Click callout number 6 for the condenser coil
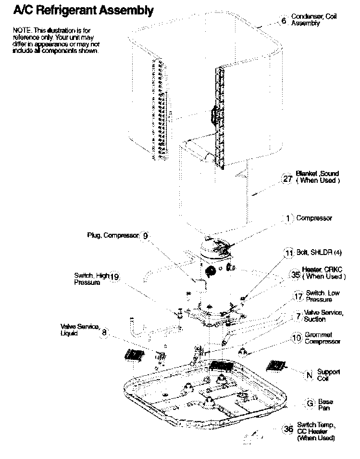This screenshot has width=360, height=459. point(284,21)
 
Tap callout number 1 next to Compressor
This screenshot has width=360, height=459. point(288,218)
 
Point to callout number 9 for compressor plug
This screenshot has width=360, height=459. point(146,236)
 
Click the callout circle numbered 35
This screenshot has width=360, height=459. point(295,276)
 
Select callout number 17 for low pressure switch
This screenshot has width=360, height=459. point(298,297)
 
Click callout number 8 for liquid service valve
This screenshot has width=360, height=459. point(105,331)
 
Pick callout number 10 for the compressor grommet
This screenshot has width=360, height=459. point(298,338)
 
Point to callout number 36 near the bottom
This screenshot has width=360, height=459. point(288,430)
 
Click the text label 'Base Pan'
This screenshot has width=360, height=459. point(325,405)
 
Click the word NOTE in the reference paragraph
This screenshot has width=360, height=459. point(21,31)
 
